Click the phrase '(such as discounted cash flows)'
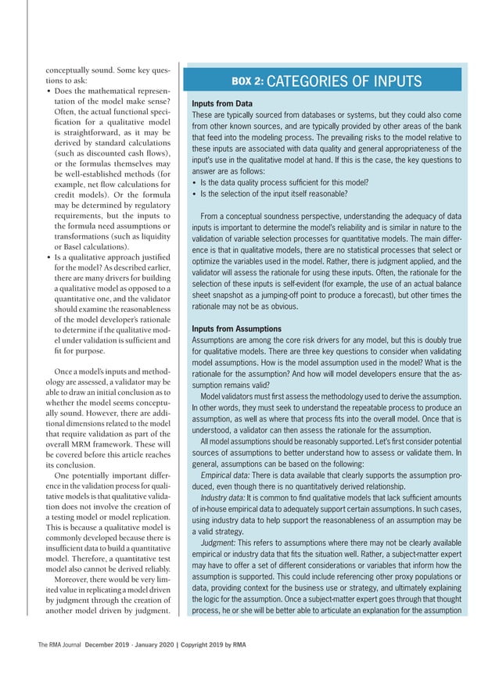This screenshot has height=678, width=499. coord(113,155)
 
